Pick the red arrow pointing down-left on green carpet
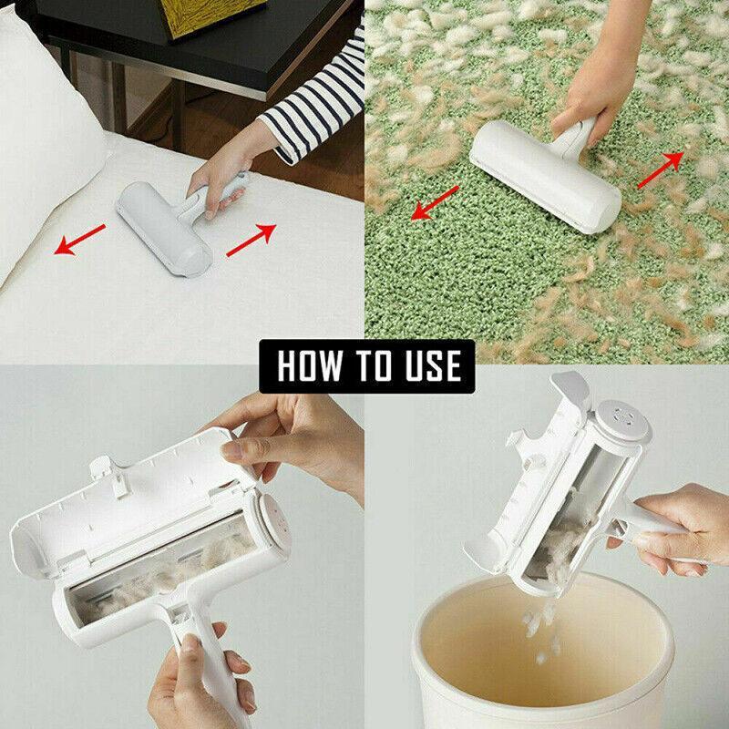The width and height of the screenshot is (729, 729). tap(435, 202)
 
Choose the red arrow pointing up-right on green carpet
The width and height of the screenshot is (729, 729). tap(661, 169)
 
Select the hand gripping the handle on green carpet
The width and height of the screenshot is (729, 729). tap(583, 100)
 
